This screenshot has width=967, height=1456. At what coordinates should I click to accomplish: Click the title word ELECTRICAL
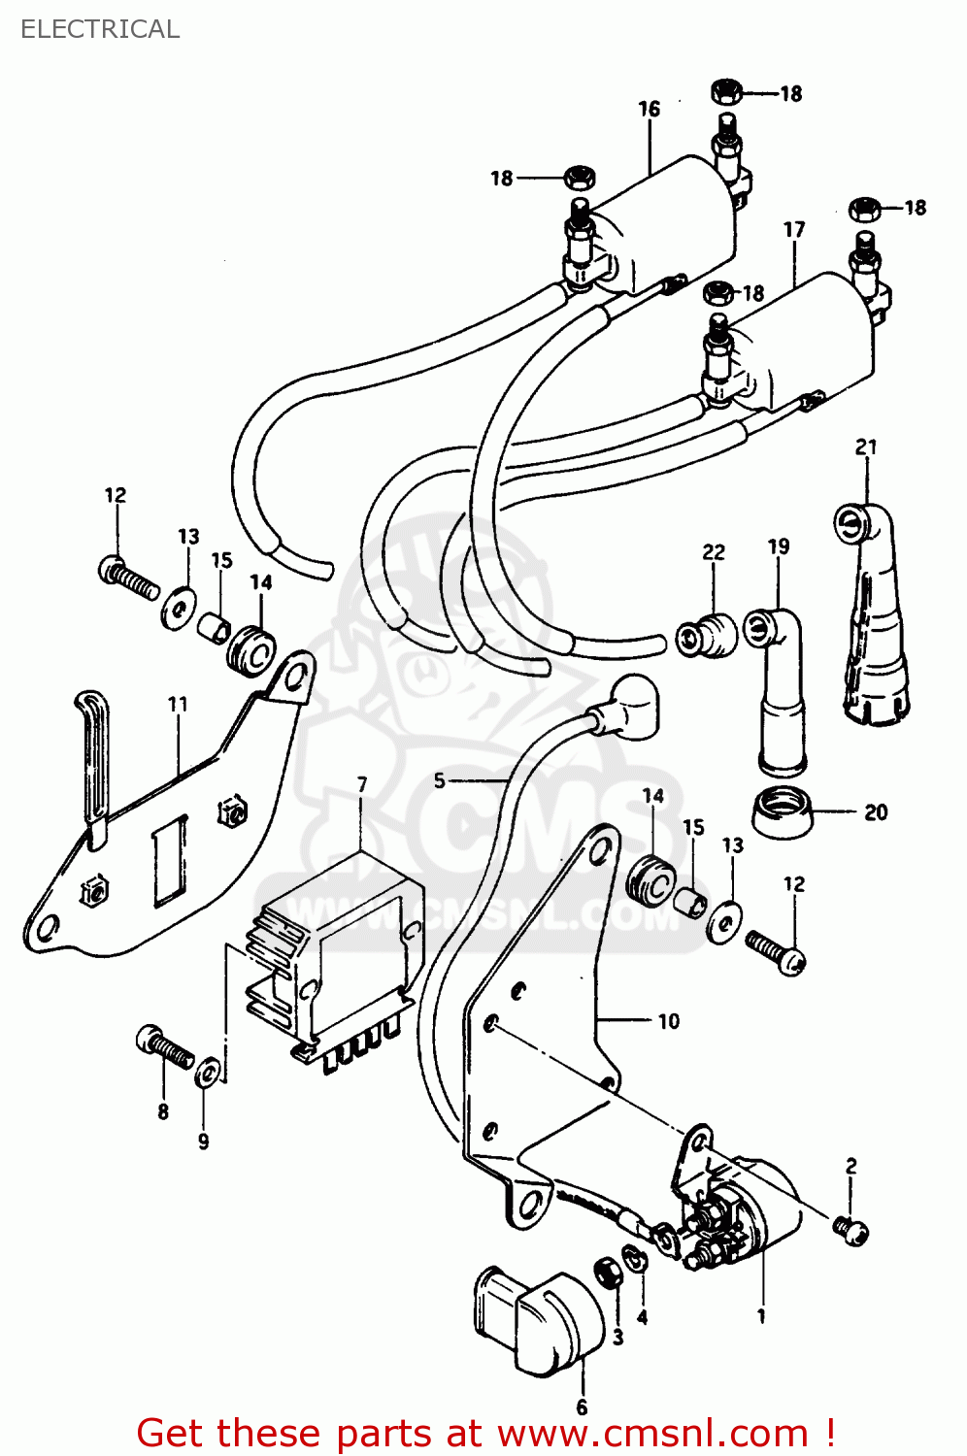point(100,29)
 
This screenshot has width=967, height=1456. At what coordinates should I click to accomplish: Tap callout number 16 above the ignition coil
point(649,109)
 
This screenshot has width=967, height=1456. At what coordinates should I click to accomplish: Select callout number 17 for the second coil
point(794,229)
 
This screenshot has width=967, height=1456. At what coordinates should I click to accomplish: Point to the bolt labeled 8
point(164,1048)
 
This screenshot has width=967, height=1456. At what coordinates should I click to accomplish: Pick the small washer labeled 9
point(206,1075)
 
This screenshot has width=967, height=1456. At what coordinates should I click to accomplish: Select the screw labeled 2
point(850,1231)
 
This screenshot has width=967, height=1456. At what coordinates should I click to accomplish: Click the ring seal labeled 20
point(783,813)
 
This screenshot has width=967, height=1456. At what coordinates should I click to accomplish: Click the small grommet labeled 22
point(705,636)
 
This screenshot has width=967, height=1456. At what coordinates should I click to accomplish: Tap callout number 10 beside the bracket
point(668,1021)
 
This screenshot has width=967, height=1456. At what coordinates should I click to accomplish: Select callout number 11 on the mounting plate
point(178,704)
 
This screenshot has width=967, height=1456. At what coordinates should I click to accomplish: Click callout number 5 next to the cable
point(440,780)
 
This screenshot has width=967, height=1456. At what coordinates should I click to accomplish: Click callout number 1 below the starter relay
point(761,1316)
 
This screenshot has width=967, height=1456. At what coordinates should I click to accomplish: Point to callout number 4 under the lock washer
point(642,1317)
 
